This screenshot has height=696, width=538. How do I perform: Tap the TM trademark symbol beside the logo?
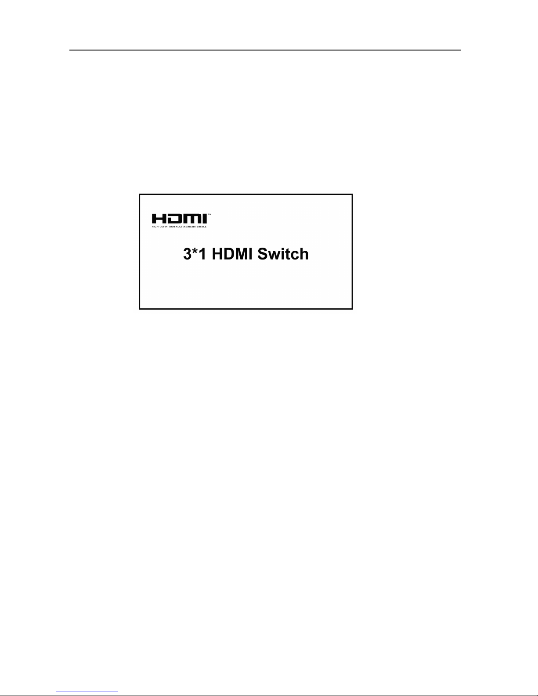pyautogui.click(x=209, y=215)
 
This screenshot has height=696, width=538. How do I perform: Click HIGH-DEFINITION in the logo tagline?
pyautogui.click(x=163, y=227)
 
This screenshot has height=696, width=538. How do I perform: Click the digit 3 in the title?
pyautogui.click(x=187, y=254)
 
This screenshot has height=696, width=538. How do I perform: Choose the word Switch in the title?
pyautogui.click(x=283, y=254)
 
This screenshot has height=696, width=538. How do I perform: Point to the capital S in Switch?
pyautogui.click(x=263, y=254)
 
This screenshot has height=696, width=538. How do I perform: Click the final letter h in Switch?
pyautogui.click(x=304, y=254)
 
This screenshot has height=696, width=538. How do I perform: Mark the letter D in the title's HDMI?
pyautogui.click(x=227, y=254)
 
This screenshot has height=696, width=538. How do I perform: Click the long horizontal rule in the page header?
pyautogui.click(x=266, y=50)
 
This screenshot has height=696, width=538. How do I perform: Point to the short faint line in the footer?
pyautogui.click(x=87, y=692)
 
